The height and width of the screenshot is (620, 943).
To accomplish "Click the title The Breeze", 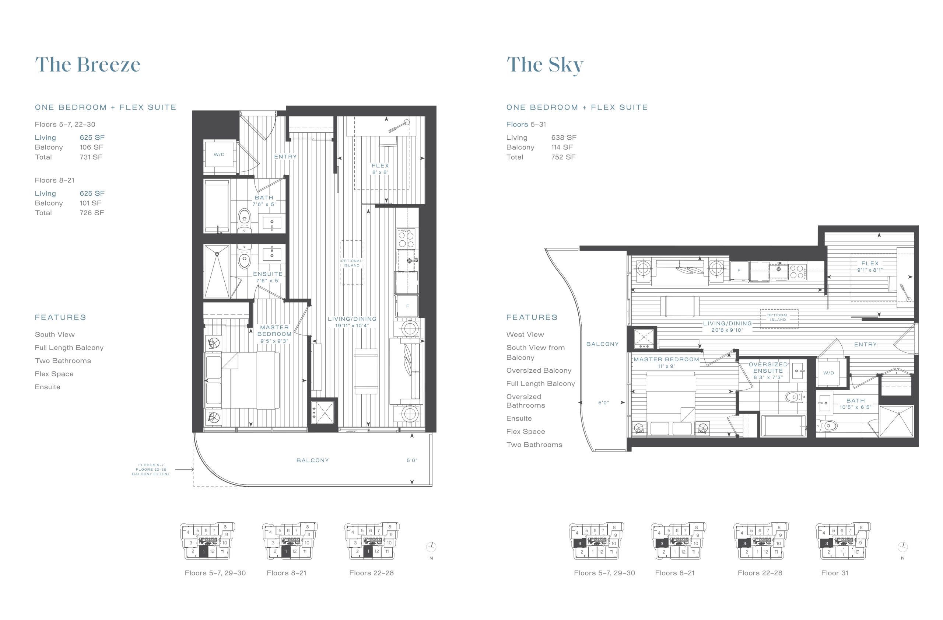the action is click(x=88, y=64).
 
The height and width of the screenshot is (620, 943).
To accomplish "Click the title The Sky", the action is click(x=545, y=65).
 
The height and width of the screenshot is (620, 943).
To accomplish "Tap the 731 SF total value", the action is click(x=91, y=157).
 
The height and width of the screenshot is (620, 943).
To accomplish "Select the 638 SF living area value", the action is click(x=564, y=137).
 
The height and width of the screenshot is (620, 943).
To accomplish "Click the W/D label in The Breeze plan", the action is click(x=219, y=154).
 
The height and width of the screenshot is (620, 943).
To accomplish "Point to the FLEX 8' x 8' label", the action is click(x=381, y=169).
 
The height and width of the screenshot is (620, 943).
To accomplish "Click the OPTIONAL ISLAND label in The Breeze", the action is click(x=351, y=263).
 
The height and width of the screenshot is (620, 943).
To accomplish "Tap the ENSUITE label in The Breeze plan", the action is click(x=268, y=274).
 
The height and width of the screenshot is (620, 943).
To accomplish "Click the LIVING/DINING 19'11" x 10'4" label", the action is click(x=352, y=322).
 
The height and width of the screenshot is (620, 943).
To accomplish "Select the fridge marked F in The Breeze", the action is click(x=407, y=306).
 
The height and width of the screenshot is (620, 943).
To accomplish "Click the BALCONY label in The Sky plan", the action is click(x=602, y=344).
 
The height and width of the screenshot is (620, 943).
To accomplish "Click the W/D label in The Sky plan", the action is click(x=828, y=373).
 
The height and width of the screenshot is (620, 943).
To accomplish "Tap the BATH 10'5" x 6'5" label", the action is click(x=855, y=404).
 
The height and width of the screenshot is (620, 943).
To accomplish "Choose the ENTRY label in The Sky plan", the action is click(x=865, y=345).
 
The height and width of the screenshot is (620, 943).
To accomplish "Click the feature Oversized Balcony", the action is click(x=539, y=370).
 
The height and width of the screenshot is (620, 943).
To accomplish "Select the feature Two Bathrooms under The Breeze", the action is click(x=63, y=361).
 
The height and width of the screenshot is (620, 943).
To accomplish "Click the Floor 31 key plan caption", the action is click(x=835, y=573).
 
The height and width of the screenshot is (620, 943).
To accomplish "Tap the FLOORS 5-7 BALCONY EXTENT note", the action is click(x=151, y=469).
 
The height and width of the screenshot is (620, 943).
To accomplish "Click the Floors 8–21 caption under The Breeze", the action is click(x=287, y=573).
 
